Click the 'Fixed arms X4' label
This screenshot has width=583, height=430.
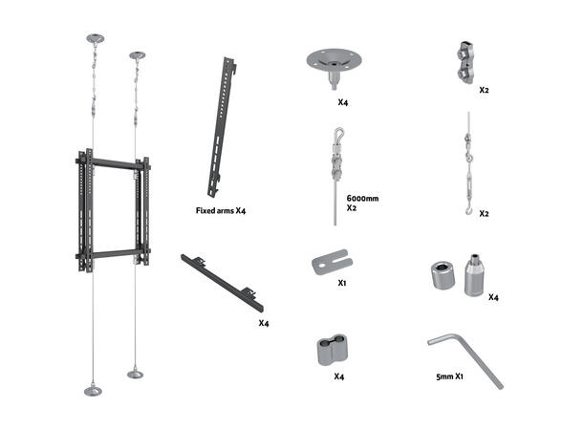[221, 211]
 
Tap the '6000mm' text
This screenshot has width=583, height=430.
[362, 199]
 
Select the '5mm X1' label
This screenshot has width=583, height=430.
[449, 376]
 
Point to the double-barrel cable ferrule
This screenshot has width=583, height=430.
[332, 350]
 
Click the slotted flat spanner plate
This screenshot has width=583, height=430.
[332, 262]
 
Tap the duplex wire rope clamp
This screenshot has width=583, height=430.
[465, 62]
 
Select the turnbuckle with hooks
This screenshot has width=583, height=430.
[468, 163]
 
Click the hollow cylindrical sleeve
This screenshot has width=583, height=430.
[443, 275]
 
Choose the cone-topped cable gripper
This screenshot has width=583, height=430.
[474, 275]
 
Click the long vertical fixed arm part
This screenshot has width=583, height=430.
[222, 127]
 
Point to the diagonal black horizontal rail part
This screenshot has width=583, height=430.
[223, 283]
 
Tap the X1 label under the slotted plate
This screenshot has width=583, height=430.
[342, 283]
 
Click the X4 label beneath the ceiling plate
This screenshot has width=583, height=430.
[342, 102]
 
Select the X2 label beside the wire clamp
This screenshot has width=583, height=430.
[484, 90]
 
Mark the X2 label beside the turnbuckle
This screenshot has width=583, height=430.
[484, 214]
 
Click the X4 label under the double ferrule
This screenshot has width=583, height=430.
[338, 376]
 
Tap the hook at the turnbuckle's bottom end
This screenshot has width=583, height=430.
[469, 211]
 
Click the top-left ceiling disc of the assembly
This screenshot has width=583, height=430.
[96, 38]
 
